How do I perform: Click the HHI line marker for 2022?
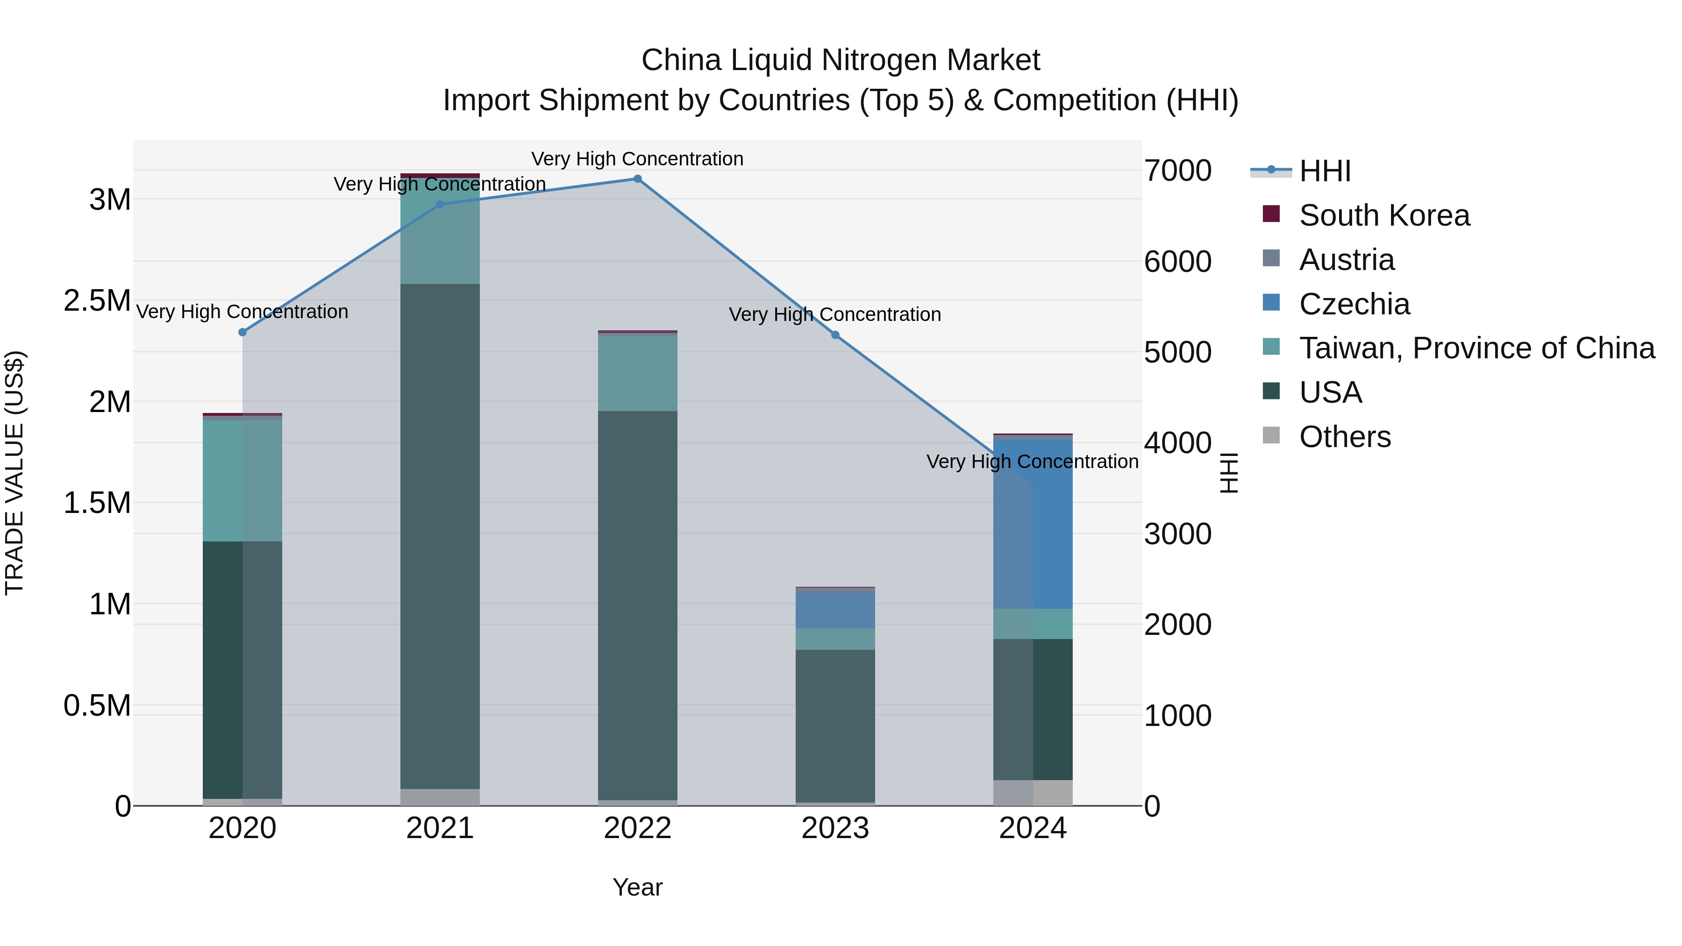[x=637, y=179]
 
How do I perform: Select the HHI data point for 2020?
[x=243, y=332]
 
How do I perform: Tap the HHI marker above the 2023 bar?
[x=835, y=335]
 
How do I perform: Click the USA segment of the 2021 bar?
[x=440, y=535]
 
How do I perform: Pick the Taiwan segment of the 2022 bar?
[x=637, y=373]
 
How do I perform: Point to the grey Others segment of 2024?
[x=1033, y=793]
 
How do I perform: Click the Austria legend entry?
[x=1347, y=260]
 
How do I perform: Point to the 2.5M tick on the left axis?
[x=97, y=301]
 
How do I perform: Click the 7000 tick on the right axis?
[x=1178, y=171]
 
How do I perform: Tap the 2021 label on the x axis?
[x=440, y=828]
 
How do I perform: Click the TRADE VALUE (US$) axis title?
[x=14, y=473]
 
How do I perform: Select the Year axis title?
[x=637, y=887]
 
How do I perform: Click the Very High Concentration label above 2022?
[x=637, y=159]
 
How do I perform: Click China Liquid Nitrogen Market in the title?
[x=841, y=60]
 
